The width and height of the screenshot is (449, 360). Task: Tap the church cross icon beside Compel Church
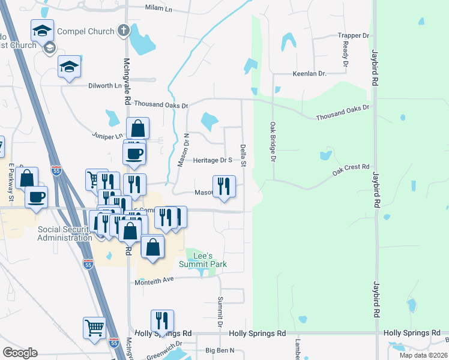tap(123, 30)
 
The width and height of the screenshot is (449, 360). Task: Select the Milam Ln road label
tap(158, 8)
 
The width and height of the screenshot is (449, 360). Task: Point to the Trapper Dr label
tap(353, 36)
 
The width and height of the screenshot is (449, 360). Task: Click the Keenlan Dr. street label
tap(309, 74)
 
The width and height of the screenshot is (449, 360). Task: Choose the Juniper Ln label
tap(107, 136)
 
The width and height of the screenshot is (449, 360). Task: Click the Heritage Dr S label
tap(212, 160)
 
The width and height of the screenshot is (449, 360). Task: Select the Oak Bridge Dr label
tap(273, 142)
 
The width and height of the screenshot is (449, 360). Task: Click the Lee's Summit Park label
tap(203, 260)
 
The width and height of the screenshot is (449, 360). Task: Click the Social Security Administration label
tap(65, 233)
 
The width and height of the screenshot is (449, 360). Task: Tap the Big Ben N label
tap(220, 350)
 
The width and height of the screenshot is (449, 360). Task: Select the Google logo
tap(19, 353)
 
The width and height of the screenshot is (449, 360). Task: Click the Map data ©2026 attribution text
tap(423, 355)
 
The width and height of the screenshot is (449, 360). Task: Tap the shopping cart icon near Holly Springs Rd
tap(95, 329)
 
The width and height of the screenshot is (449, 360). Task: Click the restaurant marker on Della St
tap(224, 186)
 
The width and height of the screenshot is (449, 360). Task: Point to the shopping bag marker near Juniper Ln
tap(137, 128)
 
